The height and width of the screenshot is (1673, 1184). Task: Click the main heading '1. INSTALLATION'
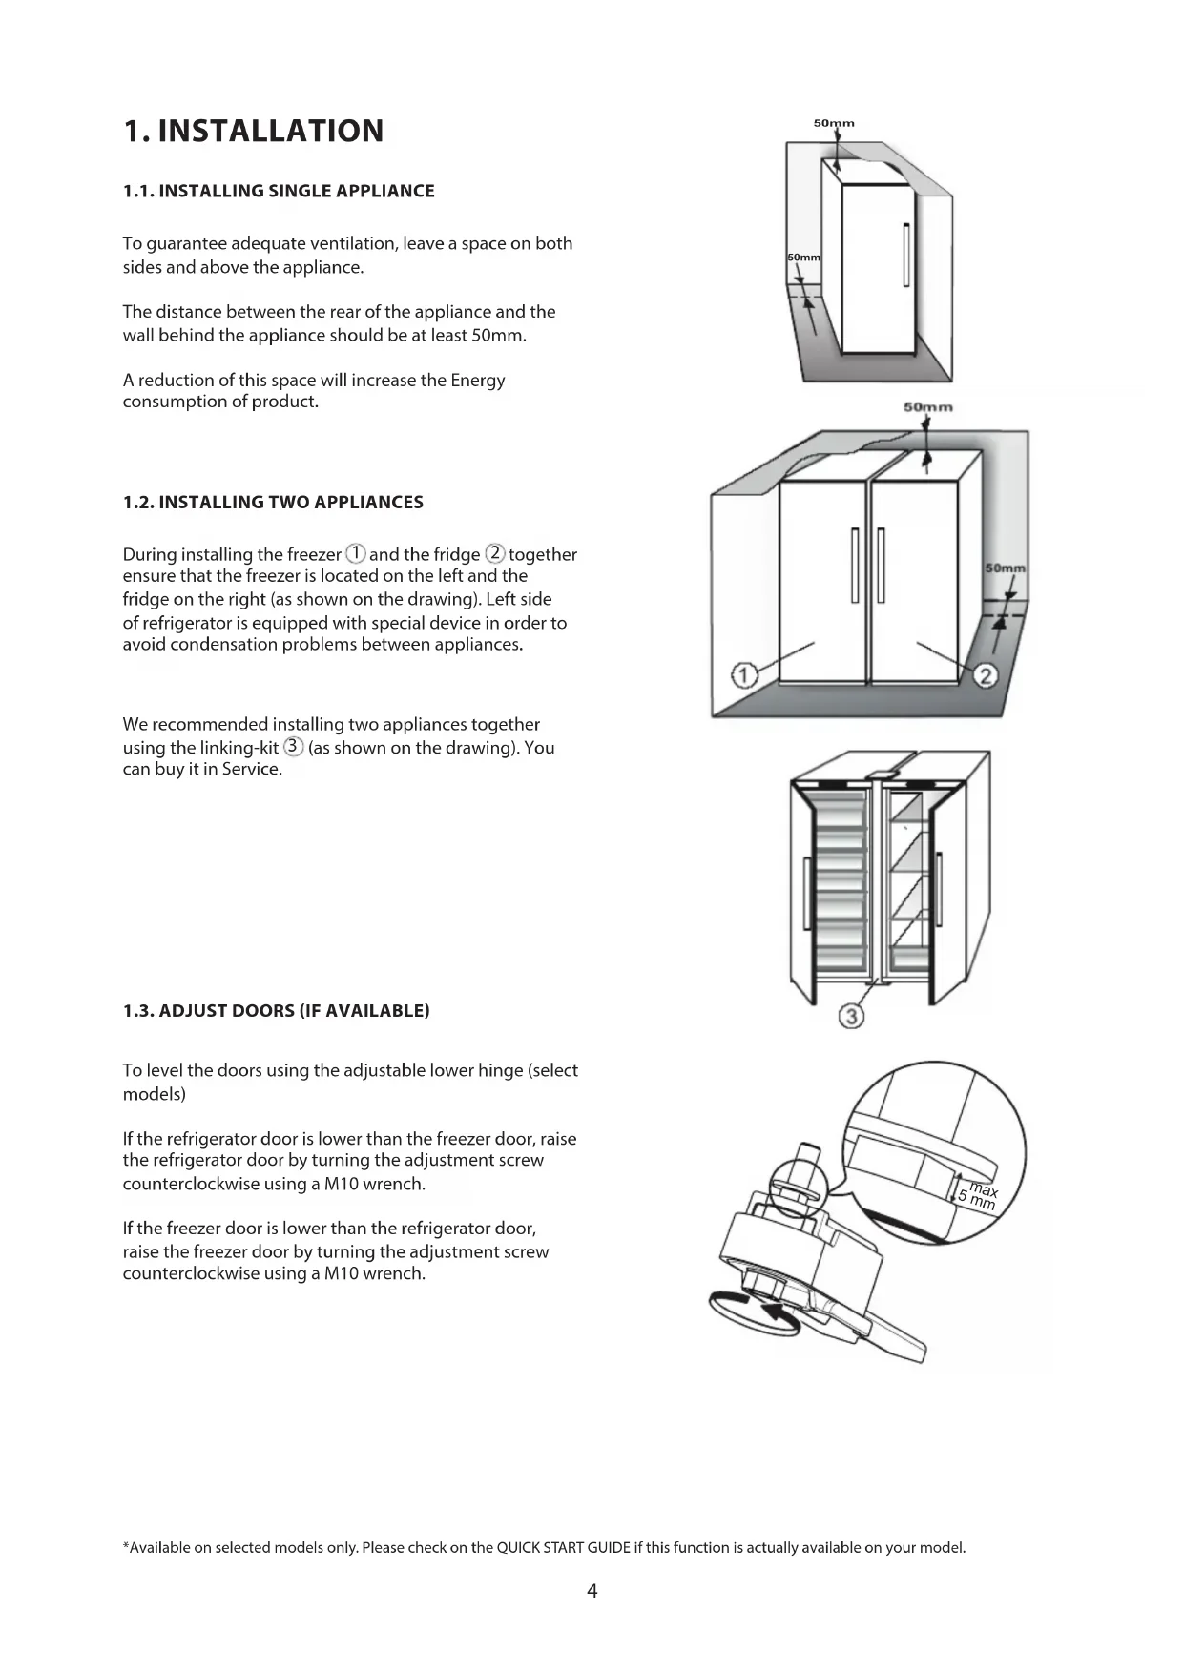point(253,131)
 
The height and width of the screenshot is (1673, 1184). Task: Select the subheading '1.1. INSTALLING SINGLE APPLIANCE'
point(279,191)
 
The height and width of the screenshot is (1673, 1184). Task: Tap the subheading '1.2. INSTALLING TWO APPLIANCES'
point(273,503)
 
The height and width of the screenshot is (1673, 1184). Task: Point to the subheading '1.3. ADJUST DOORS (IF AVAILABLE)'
point(276,1011)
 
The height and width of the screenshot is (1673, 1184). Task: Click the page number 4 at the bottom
point(592,1590)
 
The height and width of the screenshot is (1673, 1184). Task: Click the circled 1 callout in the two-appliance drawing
point(743,675)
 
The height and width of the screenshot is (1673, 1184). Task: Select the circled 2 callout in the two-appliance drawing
point(987,675)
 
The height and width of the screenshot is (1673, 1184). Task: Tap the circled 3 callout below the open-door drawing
point(851,1017)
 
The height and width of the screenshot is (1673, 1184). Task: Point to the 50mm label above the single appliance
point(834,123)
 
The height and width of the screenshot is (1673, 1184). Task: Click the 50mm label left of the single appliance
point(803,258)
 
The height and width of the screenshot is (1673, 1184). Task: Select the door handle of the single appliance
point(905,254)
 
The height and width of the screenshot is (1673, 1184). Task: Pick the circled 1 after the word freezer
point(355,553)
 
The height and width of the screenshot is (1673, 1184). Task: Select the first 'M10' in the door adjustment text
point(342,1185)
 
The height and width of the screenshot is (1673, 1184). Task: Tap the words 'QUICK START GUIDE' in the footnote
point(564,1547)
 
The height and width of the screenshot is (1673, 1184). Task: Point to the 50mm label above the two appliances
point(927,407)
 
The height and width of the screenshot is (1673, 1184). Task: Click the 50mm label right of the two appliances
point(1006,568)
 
